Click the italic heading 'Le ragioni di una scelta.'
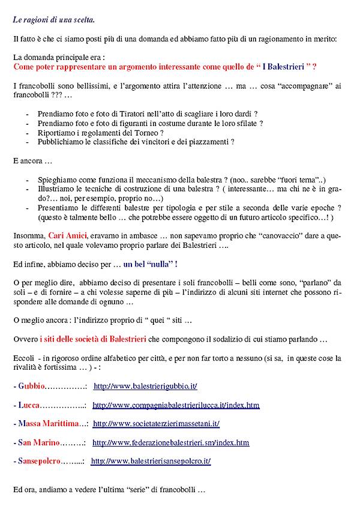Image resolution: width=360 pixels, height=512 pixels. pyautogui.click(x=53, y=20)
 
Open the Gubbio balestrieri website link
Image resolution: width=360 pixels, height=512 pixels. pyautogui.click(x=146, y=386)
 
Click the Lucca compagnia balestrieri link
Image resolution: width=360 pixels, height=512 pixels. pyautogui.click(x=176, y=405)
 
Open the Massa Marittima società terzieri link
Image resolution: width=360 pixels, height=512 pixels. pyautogui.click(x=156, y=424)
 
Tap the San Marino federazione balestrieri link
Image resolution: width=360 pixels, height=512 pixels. pyautogui.click(x=170, y=443)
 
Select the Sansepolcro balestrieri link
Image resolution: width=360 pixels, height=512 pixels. pyautogui.click(x=151, y=462)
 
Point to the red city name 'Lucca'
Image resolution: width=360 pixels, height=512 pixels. pyautogui.click(x=29, y=405)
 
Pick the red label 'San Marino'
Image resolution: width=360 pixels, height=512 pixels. pyautogui.click(x=38, y=443)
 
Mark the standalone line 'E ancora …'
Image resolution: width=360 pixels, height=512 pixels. pyautogui.click(x=33, y=161)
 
